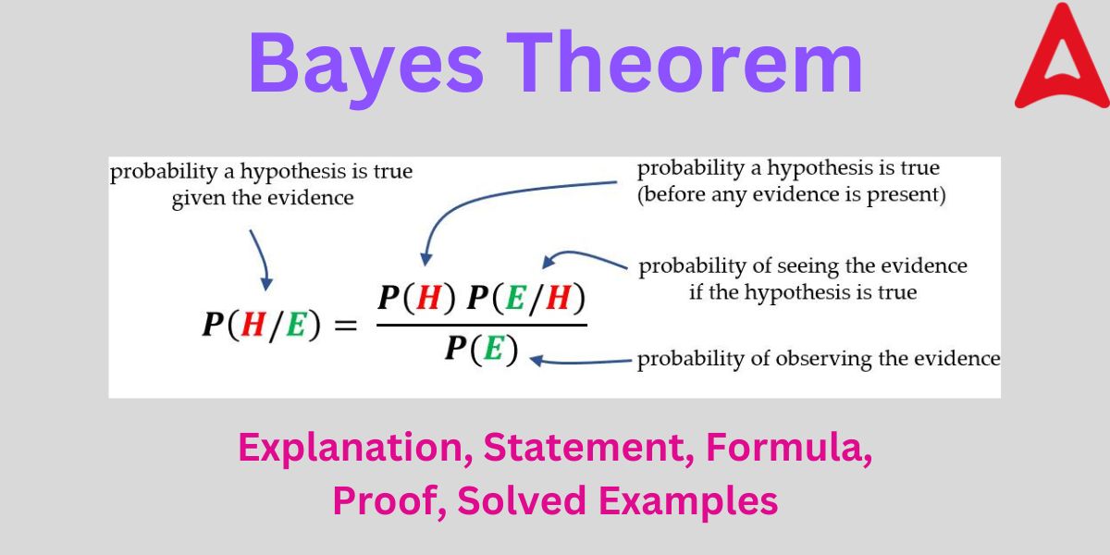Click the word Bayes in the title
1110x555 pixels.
pyautogui.click(x=365, y=67)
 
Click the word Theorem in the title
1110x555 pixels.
pyautogui.click(x=684, y=62)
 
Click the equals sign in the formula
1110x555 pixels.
pyautogui.click(x=345, y=326)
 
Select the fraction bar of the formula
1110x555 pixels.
pyautogui.click(x=482, y=325)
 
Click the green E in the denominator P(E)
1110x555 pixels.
pyautogui.click(x=493, y=348)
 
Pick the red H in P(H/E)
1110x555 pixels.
pyautogui.click(x=253, y=325)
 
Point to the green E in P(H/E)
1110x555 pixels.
pyautogui.click(x=296, y=325)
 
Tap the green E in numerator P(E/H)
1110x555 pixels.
pyautogui.click(x=515, y=298)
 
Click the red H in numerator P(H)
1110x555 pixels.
pyautogui.click(x=429, y=298)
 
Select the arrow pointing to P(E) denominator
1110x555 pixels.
pyautogui.click(x=581, y=362)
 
